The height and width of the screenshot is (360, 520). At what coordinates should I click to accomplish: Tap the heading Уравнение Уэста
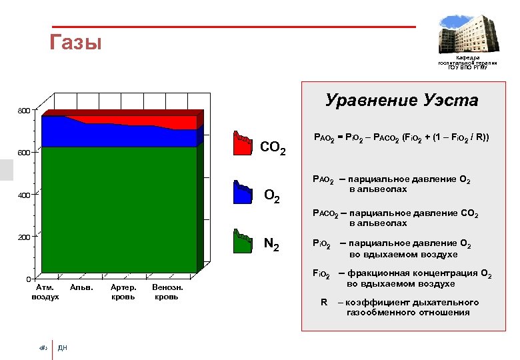(x=401, y=101)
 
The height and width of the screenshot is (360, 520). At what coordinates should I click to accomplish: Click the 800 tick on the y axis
(x=23, y=111)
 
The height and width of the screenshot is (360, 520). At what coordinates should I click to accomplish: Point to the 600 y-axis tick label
(x=23, y=153)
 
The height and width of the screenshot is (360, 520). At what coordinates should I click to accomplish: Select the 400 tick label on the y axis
(x=23, y=195)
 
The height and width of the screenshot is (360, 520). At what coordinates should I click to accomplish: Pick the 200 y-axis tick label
(x=23, y=237)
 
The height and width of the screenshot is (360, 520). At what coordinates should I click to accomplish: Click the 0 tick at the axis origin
(x=28, y=279)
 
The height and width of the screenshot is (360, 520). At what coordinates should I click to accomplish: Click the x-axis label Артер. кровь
(x=124, y=292)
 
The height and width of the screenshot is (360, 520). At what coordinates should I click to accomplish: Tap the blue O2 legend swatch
(x=243, y=192)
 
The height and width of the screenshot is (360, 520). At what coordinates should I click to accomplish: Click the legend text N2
(x=271, y=244)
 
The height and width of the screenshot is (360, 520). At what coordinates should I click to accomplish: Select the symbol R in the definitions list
(x=324, y=302)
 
